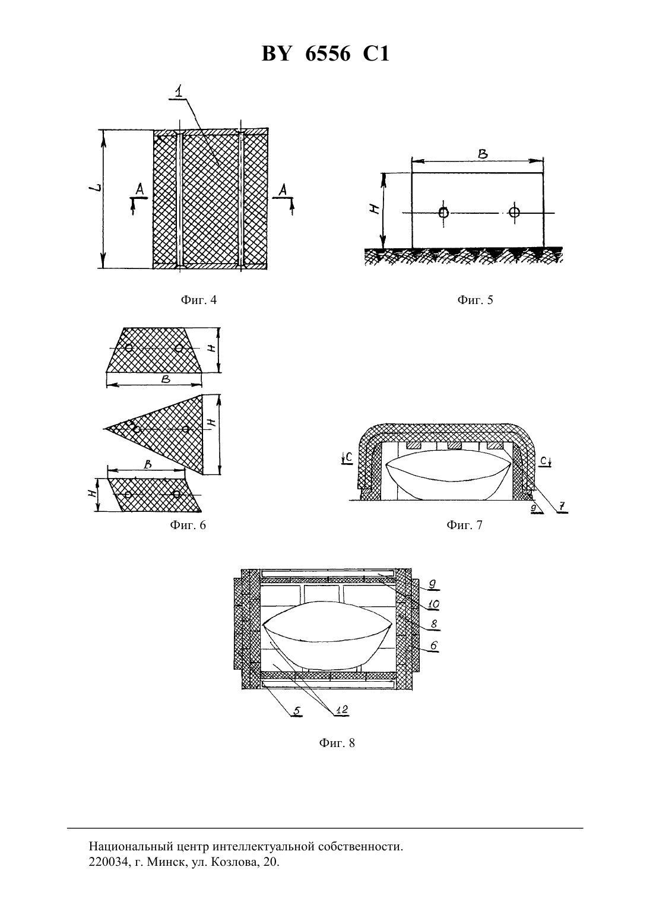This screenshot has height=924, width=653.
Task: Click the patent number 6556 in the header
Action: pos(328,53)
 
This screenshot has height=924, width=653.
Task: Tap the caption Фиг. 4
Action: pos(198,300)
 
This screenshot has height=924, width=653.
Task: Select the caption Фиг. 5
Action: pos(475,300)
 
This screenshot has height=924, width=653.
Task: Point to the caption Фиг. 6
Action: pos(188,525)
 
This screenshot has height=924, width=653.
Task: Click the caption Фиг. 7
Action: pos(464,525)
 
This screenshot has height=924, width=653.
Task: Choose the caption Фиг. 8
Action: pos(337,743)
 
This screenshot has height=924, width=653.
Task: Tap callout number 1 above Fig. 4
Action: pos(179,91)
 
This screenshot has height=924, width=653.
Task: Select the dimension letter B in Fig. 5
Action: pos(483,154)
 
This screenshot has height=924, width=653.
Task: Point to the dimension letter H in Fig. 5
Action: pos(375,210)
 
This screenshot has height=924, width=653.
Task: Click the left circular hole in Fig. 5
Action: pos(443,213)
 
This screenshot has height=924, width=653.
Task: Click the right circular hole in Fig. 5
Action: pos(514,213)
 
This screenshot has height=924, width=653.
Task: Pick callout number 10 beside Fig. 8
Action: pos(433,605)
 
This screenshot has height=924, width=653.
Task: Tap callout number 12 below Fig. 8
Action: pos(342,710)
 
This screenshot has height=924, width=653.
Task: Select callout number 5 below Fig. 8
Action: pos(296,710)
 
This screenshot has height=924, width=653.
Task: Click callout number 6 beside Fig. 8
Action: pos(433,645)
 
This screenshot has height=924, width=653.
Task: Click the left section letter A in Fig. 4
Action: pos(140,189)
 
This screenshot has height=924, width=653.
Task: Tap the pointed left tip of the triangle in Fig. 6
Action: pos(103,429)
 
